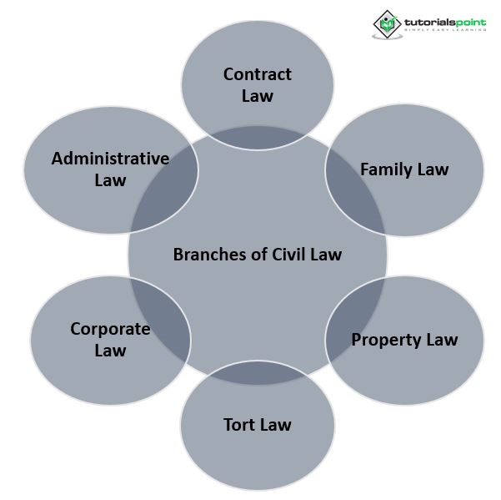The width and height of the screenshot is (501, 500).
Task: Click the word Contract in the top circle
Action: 257,74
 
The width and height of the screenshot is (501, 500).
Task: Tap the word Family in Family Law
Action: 386,169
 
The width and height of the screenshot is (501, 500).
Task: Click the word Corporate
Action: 110,329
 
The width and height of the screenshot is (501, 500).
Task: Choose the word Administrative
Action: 110,159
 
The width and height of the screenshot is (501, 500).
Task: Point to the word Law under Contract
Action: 257,96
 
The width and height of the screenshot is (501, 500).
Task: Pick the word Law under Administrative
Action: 110,180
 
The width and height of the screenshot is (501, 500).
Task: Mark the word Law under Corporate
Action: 110,351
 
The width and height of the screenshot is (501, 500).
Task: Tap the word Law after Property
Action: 439,340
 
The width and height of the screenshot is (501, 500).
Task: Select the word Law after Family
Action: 432,169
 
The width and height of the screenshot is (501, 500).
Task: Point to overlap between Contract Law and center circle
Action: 257,138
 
